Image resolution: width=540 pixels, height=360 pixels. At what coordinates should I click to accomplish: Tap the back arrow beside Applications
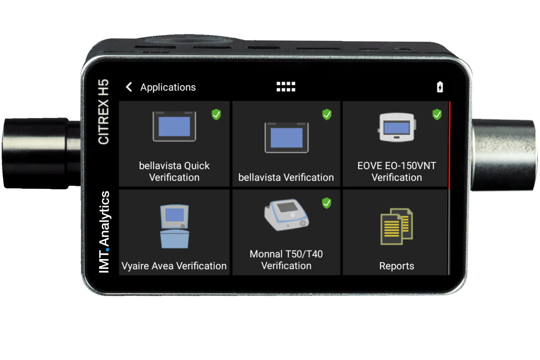(x=129, y=87)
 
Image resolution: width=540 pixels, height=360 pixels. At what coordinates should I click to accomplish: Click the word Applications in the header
(x=168, y=87)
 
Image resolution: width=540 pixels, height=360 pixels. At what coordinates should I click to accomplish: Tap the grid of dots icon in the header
(x=286, y=87)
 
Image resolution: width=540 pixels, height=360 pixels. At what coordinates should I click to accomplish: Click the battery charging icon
(x=440, y=87)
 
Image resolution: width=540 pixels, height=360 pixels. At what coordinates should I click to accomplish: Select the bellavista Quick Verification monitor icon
(x=174, y=127)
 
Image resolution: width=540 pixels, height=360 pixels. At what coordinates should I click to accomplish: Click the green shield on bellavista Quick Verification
(x=216, y=114)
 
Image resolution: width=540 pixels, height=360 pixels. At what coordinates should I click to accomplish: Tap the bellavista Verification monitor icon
(x=286, y=138)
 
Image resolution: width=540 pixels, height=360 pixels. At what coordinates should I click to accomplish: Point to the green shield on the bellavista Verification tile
(x=327, y=114)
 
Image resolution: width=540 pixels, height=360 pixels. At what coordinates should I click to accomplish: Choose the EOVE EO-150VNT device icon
(x=397, y=127)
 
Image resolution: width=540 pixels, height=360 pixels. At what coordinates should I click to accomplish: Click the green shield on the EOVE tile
(x=437, y=114)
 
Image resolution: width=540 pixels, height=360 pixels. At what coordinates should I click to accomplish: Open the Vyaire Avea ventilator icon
(x=174, y=226)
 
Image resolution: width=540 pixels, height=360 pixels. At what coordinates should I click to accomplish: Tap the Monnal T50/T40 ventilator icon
(x=286, y=215)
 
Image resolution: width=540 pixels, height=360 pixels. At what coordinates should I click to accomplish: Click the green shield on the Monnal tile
(x=327, y=203)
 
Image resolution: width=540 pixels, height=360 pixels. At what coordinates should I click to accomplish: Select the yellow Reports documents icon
(x=397, y=226)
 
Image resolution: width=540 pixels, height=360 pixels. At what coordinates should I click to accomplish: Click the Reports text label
(x=397, y=266)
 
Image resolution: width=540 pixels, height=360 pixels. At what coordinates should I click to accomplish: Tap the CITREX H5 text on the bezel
(x=103, y=112)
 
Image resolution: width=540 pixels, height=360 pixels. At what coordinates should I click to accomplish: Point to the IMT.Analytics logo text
(x=104, y=232)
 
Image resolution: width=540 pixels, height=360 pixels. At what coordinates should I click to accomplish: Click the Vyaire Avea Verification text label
(x=174, y=266)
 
